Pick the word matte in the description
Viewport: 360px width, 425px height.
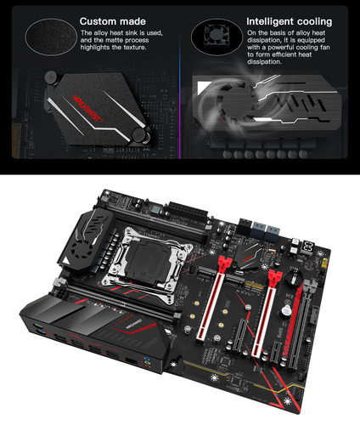(x=149, y=39)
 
